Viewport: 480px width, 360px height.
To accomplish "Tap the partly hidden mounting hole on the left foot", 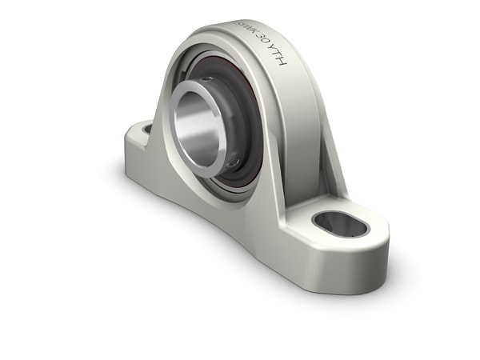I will click(147, 128).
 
